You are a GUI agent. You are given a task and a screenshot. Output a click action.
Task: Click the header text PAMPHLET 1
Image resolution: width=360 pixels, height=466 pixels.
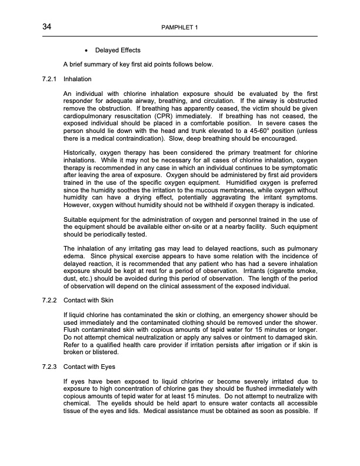coord(179,28)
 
